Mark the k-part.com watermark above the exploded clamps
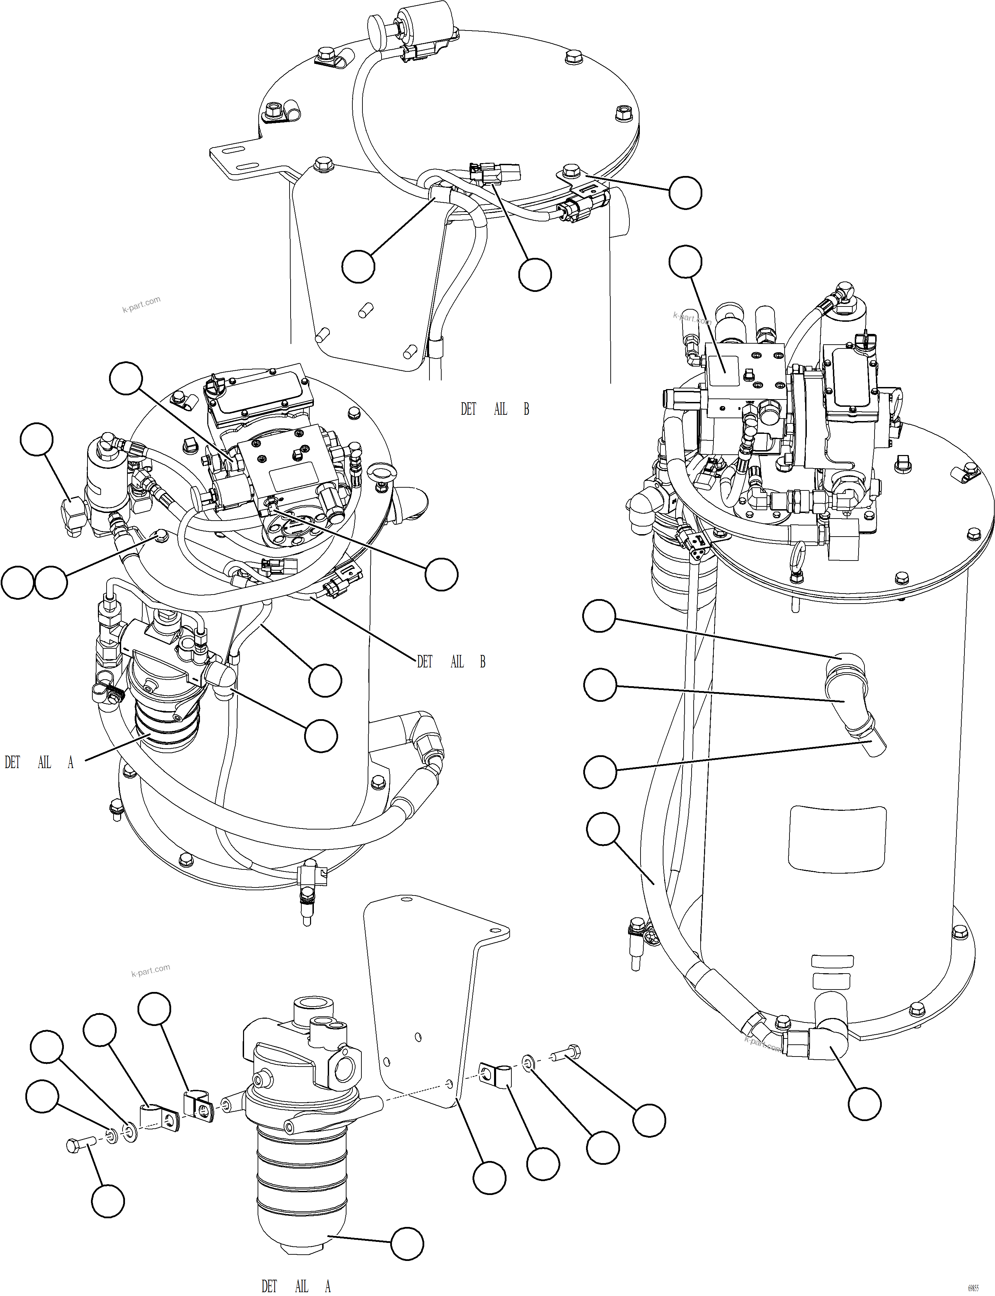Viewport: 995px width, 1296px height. (150, 970)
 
